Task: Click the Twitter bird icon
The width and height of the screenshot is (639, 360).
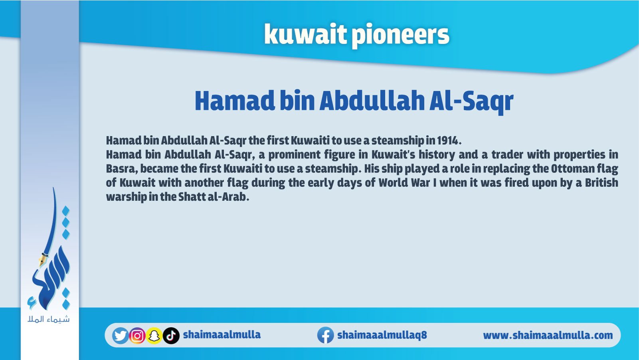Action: (120, 336)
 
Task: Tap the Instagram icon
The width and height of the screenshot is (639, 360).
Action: (137, 336)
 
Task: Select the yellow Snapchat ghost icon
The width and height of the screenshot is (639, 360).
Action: (154, 336)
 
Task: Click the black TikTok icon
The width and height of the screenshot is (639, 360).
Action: (171, 336)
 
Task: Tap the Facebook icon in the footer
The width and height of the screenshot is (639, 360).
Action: (326, 335)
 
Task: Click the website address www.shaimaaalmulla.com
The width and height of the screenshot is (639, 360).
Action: (548, 335)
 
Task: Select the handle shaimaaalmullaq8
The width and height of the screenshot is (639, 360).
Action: (382, 335)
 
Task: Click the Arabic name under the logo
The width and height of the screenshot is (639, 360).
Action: (49, 319)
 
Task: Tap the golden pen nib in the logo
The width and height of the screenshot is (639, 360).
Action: (42, 259)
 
